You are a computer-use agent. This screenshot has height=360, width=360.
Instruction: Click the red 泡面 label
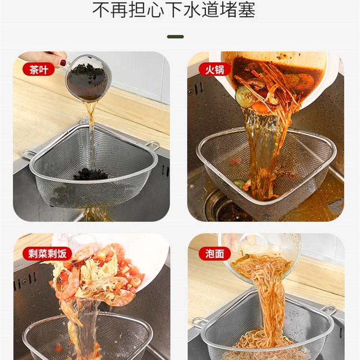tap(214, 253)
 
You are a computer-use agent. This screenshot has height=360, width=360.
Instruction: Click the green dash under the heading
tap(175, 36)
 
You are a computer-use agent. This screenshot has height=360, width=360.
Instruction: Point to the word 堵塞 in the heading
tap(239, 10)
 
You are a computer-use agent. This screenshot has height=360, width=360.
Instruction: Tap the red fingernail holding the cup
tap(63, 63)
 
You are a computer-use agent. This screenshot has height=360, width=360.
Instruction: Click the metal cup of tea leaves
tap(89, 79)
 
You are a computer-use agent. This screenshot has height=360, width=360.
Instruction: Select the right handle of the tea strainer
tap(153, 145)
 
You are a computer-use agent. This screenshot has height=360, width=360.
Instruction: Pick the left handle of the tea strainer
tap(28, 154)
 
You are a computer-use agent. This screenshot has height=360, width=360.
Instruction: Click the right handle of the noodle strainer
tap(328, 310)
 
